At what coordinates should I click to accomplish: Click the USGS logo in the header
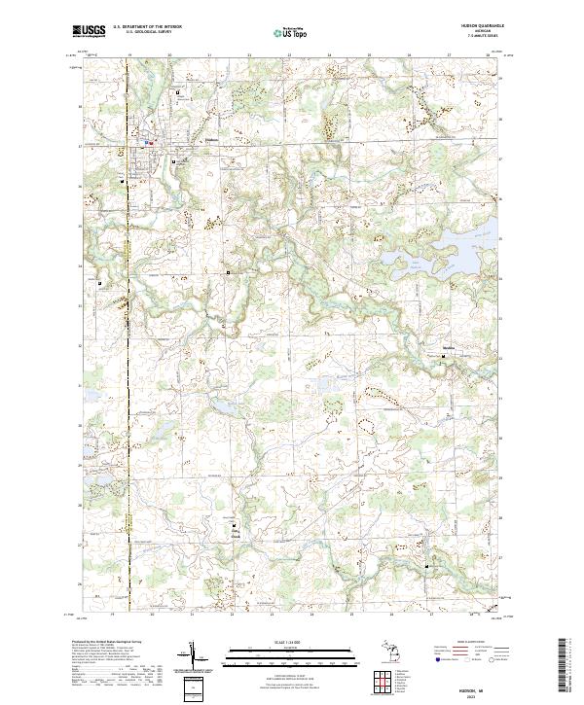(x=90, y=31)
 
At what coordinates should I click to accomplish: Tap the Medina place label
(x=448, y=347)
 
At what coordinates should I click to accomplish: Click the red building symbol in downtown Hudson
(x=151, y=142)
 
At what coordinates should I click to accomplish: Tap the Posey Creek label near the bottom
(x=234, y=533)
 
